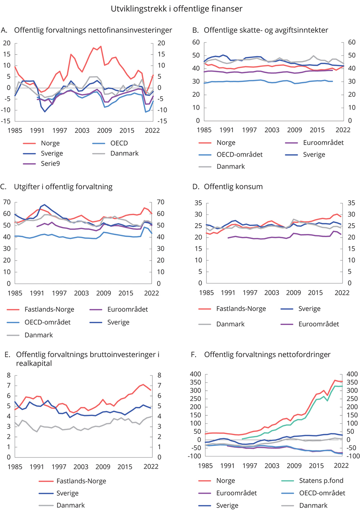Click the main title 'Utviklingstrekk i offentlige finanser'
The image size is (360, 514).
[x=176, y=9]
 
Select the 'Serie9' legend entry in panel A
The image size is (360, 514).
[x=50, y=163]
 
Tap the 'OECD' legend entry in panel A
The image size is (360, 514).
[x=119, y=143]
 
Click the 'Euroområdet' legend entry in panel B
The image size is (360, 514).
[x=323, y=143]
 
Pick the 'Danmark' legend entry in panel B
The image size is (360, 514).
[x=230, y=166]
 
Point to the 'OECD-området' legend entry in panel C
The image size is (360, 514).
[x=47, y=322]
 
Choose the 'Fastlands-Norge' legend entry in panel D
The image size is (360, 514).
[x=241, y=308]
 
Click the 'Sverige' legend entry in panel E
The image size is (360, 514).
[x=67, y=493]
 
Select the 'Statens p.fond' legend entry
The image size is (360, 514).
[x=321, y=481]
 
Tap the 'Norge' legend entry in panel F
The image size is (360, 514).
[x=225, y=481]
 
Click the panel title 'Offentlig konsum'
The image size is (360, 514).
[x=233, y=186]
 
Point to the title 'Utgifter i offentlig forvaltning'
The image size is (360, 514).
[x=63, y=186]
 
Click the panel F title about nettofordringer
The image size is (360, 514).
[x=267, y=355]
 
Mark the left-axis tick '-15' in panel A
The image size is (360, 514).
[x=6, y=121]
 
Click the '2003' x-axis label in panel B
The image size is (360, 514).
[x=272, y=130]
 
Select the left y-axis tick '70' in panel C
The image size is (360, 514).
[x=7, y=202]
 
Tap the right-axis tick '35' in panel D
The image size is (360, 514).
[x=351, y=203]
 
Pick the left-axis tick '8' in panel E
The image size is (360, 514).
[x=9, y=375]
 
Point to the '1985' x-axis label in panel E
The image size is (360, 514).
[x=15, y=466]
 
